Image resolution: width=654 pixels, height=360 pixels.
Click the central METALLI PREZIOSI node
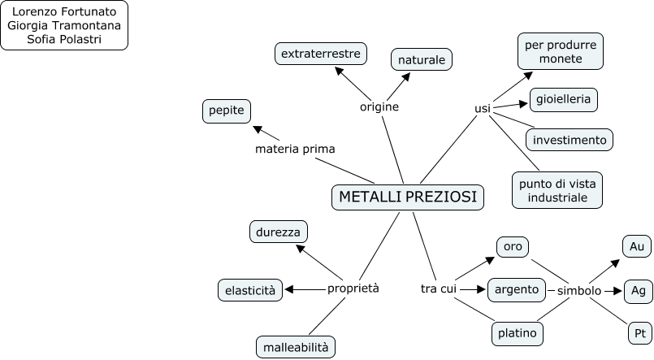(x=408, y=197)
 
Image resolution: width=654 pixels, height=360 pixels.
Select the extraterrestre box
(x=320, y=54)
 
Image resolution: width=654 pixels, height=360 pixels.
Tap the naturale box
(x=422, y=59)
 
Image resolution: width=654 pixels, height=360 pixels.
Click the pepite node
(x=227, y=111)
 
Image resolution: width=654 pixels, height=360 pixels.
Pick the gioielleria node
(x=564, y=100)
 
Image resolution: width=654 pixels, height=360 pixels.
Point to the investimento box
(x=570, y=140)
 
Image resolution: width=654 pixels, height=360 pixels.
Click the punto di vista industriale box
(x=557, y=190)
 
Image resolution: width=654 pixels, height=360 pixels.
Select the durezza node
(x=279, y=232)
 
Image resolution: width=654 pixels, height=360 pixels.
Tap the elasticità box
(x=250, y=289)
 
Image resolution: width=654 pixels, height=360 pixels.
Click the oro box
(x=512, y=246)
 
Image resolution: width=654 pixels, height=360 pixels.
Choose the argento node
(x=516, y=288)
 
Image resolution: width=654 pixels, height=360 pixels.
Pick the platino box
(x=518, y=333)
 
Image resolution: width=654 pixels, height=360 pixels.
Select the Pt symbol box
(x=639, y=333)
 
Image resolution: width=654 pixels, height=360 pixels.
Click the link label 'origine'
(x=379, y=106)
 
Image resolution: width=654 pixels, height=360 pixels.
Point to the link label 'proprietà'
(x=353, y=288)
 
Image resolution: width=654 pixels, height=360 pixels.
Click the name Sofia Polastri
(x=64, y=38)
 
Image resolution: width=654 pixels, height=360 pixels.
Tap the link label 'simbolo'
(x=579, y=290)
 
